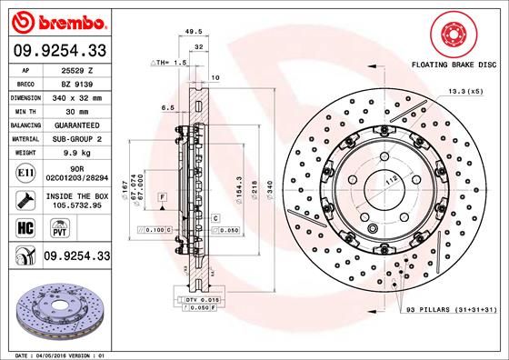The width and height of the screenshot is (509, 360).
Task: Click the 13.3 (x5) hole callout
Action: click(464, 92)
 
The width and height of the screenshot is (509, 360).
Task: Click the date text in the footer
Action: click(56, 354)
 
